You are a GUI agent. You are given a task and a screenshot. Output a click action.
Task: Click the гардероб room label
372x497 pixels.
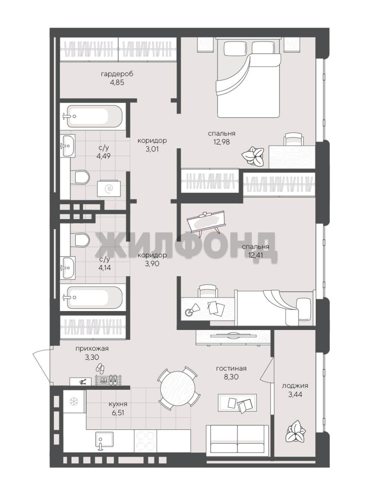coord(117,75)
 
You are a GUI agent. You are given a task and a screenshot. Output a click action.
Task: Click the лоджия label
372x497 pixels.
coord(295,386)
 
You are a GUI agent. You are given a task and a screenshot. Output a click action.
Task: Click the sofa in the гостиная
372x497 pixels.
coord(237,439)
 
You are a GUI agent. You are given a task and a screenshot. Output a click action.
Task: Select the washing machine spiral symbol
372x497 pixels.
coord(109,189)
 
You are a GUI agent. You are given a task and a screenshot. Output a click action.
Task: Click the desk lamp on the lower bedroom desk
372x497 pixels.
coord(192,310)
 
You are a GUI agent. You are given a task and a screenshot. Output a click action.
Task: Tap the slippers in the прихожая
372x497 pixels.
coord(100,368)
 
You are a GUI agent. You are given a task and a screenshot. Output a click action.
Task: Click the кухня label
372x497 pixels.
coord(118,404)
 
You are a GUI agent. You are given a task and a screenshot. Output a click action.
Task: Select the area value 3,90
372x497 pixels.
coord(152,263)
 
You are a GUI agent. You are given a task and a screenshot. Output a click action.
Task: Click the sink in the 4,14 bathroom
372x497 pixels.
coord(68,268)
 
